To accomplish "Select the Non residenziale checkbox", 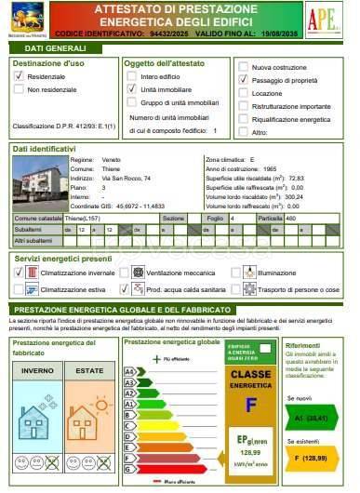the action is (x=18, y=90).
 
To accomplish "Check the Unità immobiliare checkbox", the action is (x=131, y=88).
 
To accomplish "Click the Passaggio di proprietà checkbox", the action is (x=243, y=80).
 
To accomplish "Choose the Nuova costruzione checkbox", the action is (x=243, y=67).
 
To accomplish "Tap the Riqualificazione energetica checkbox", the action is (x=243, y=120).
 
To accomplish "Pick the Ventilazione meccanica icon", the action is (x=139, y=273).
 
